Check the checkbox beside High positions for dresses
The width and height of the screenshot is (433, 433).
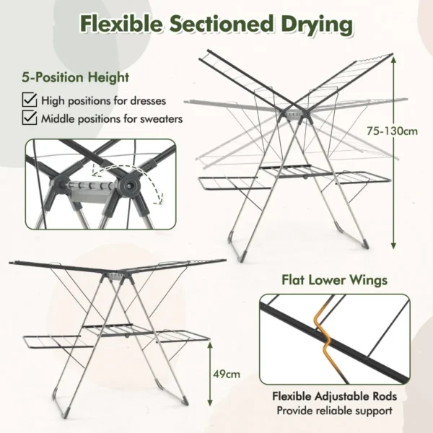pos(30,101)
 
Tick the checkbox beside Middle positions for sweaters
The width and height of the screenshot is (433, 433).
pos(30,118)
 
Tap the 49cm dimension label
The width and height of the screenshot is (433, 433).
pos(228,375)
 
